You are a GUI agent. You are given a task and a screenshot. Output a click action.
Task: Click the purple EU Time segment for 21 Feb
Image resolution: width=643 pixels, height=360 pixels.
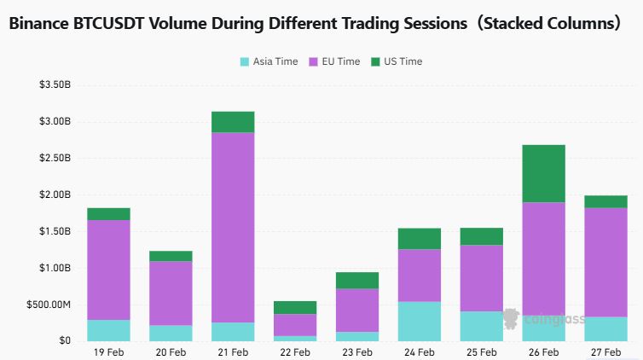tap(233, 227)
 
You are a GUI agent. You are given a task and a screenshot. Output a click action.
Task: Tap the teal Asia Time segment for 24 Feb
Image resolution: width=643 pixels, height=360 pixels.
tap(419, 321)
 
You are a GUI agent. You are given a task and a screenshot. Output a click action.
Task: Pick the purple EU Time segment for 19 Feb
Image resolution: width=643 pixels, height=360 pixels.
tap(108, 270)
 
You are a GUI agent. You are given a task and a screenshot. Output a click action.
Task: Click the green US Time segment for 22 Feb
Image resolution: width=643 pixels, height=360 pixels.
tap(295, 307)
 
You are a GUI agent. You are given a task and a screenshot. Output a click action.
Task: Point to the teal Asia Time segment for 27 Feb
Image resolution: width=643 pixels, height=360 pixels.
tap(605, 328)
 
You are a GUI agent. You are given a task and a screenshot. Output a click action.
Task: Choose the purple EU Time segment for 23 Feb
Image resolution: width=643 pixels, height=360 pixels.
tap(357, 310)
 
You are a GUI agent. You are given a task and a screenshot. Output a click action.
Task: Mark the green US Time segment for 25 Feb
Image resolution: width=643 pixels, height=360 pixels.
tap(481, 236)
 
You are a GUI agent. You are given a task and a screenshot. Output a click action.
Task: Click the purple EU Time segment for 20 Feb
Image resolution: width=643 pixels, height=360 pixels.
tap(171, 293)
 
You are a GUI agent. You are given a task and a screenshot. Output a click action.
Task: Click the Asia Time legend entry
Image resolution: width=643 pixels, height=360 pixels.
tap(269, 61)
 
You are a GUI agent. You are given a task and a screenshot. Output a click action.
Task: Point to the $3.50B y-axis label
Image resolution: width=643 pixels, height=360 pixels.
tap(55, 84)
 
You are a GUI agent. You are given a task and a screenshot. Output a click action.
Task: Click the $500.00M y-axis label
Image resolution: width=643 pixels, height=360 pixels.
tap(50, 305)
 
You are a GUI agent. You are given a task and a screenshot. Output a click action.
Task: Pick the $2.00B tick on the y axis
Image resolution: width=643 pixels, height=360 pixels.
tap(55, 195)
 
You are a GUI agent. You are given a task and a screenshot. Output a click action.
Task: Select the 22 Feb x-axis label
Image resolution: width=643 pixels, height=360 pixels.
tap(295, 351)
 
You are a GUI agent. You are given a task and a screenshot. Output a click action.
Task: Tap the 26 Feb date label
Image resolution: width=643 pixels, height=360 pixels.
tap(543, 351)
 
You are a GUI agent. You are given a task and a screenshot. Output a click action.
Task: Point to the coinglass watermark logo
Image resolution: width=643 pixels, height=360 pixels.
tap(512, 319)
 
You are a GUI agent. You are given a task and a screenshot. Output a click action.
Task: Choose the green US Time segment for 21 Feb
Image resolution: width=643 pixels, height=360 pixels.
tap(233, 122)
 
